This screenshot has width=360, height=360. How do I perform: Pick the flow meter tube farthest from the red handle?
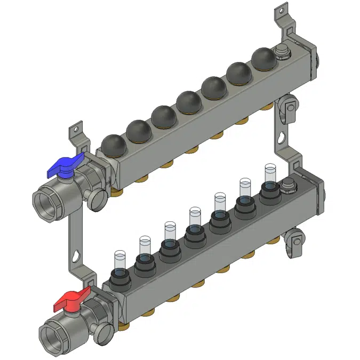click(270, 175)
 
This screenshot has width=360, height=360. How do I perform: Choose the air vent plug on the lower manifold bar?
click(288, 186)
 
